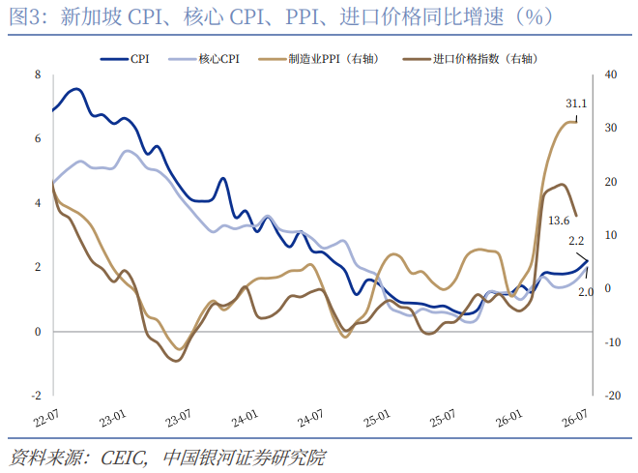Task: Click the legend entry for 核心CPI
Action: (x=204, y=59)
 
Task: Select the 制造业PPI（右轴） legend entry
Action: (x=319, y=59)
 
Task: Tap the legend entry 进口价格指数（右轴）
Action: (x=471, y=59)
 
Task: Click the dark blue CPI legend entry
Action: (x=125, y=59)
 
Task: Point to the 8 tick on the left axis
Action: (x=38, y=74)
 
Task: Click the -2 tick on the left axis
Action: (x=36, y=396)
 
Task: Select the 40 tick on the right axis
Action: (x=611, y=74)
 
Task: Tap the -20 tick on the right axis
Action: (x=612, y=396)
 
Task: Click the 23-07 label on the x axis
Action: (x=178, y=418)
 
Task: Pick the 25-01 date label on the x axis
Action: (x=377, y=418)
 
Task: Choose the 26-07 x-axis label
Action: (x=575, y=418)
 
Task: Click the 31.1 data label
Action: (x=576, y=103)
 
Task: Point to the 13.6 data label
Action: (x=559, y=221)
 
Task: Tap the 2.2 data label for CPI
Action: (x=576, y=241)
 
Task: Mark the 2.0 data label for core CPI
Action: (x=586, y=292)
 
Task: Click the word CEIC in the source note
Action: (x=124, y=458)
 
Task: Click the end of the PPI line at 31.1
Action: (x=576, y=122)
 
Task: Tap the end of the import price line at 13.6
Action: (x=576, y=216)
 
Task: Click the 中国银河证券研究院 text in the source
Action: (x=245, y=458)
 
